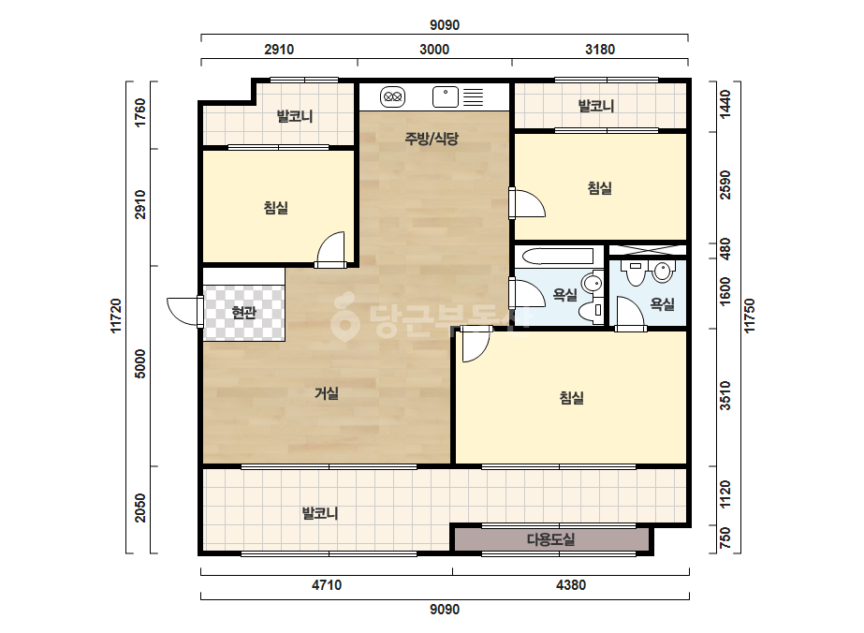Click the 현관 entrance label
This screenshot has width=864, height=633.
click(x=244, y=313)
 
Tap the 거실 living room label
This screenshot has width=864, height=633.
click(x=326, y=393)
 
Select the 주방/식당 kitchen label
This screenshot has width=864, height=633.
click(x=432, y=139)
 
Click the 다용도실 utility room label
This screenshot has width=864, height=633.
click(x=551, y=539)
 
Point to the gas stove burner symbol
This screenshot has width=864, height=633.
click(x=392, y=97)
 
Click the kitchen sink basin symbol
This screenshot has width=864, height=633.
click(x=446, y=97)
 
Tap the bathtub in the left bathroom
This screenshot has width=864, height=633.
click(x=558, y=257)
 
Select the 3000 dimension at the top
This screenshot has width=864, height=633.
click(x=434, y=50)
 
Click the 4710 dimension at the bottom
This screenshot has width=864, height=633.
click(x=327, y=585)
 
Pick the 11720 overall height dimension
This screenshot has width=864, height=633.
click(x=116, y=316)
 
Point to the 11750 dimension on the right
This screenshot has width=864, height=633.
click(x=750, y=316)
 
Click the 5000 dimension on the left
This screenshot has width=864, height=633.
click(x=141, y=363)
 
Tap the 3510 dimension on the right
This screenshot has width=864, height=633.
click(x=725, y=395)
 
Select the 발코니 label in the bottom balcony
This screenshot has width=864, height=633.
click(x=320, y=513)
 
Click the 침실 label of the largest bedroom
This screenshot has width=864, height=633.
click(x=571, y=398)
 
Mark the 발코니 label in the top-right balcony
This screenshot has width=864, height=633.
click(x=596, y=106)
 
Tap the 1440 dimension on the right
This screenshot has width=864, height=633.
click(x=725, y=104)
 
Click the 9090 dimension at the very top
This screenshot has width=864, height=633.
click(x=445, y=25)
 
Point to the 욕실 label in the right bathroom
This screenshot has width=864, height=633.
click(x=663, y=303)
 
